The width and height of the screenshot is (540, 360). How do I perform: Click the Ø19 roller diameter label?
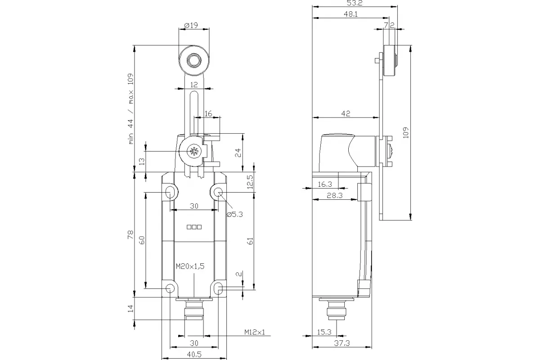(x=191, y=25)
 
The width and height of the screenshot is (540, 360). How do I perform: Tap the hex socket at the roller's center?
(x=193, y=60)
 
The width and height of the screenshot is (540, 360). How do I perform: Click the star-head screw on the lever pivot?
(x=193, y=152)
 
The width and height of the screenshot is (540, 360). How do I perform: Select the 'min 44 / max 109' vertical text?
(x=130, y=109)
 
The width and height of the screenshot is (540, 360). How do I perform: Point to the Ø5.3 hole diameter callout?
(x=234, y=214)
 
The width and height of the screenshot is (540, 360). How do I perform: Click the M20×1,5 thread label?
(x=190, y=266)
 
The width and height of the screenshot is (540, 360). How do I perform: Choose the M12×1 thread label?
(x=255, y=332)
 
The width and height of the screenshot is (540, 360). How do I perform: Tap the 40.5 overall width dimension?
(x=194, y=354)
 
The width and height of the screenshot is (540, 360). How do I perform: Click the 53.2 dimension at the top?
(x=355, y=3)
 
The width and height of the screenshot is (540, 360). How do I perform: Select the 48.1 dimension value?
(x=351, y=14)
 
